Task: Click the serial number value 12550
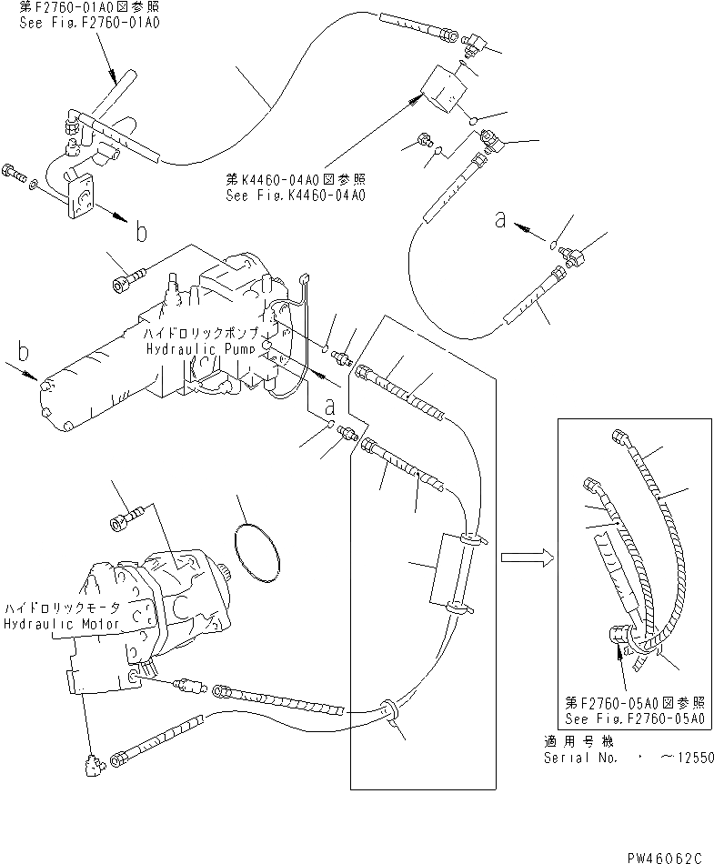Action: (689, 757)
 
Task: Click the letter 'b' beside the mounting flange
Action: (141, 233)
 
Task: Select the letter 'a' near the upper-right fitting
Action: (499, 219)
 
